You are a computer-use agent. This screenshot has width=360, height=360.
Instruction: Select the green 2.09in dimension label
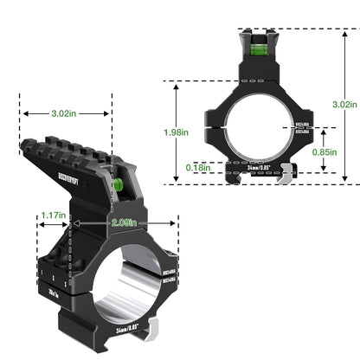point(122,223)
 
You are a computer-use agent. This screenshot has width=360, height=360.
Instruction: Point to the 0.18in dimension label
point(200,166)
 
